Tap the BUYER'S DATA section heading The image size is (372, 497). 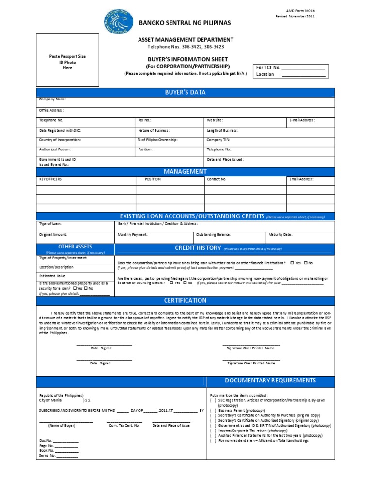(185, 92)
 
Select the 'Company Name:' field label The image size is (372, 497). (53, 99)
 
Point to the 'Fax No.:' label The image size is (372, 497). (145, 120)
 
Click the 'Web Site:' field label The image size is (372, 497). (215, 120)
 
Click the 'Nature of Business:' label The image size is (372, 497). (154, 130)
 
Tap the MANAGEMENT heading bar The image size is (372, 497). (185, 171)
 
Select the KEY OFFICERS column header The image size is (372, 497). (50, 179)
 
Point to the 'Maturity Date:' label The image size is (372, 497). (280, 234)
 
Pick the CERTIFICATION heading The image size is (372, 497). (185, 300)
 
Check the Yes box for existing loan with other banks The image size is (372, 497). (292, 263)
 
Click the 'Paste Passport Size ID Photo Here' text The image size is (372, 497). (68, 62)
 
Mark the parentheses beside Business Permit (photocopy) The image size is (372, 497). (213, 410)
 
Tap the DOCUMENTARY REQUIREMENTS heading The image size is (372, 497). (270, 381)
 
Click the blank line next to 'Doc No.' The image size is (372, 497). (66, 441)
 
